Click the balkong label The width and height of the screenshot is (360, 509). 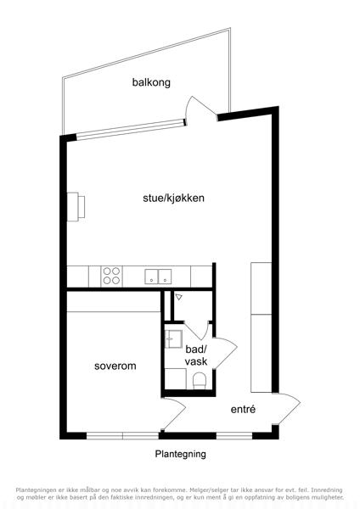click(x=151, y=82)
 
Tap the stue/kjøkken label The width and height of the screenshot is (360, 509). click(x=173, y=198)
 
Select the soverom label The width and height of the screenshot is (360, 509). click(x=115, y=366)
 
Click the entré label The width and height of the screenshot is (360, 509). click(x=243, y=409)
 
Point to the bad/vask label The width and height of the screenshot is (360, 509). click(x=196, y=355)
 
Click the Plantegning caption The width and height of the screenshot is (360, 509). click(x=180, y=454)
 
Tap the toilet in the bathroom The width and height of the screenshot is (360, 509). click(x=200, y=380)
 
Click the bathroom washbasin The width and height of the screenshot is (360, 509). click(x=173, y=339)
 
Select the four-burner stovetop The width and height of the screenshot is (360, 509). click(x=111, y=276)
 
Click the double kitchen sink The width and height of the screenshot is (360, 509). click(x=158, y=277)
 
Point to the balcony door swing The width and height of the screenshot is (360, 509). click(x=200, y=109)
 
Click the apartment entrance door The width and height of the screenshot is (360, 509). click(x=287, y=409)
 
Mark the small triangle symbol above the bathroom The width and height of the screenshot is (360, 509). click(x=179, y=297)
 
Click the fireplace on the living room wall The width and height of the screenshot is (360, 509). click(x=76, y=207)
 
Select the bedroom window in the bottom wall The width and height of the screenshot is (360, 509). click(x=122, y=436)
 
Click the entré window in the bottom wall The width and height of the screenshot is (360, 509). click(x=234, y=436)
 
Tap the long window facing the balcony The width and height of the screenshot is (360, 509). click(x=131, y=130)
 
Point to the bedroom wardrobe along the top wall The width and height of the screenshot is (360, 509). click(x=114, y=301)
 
